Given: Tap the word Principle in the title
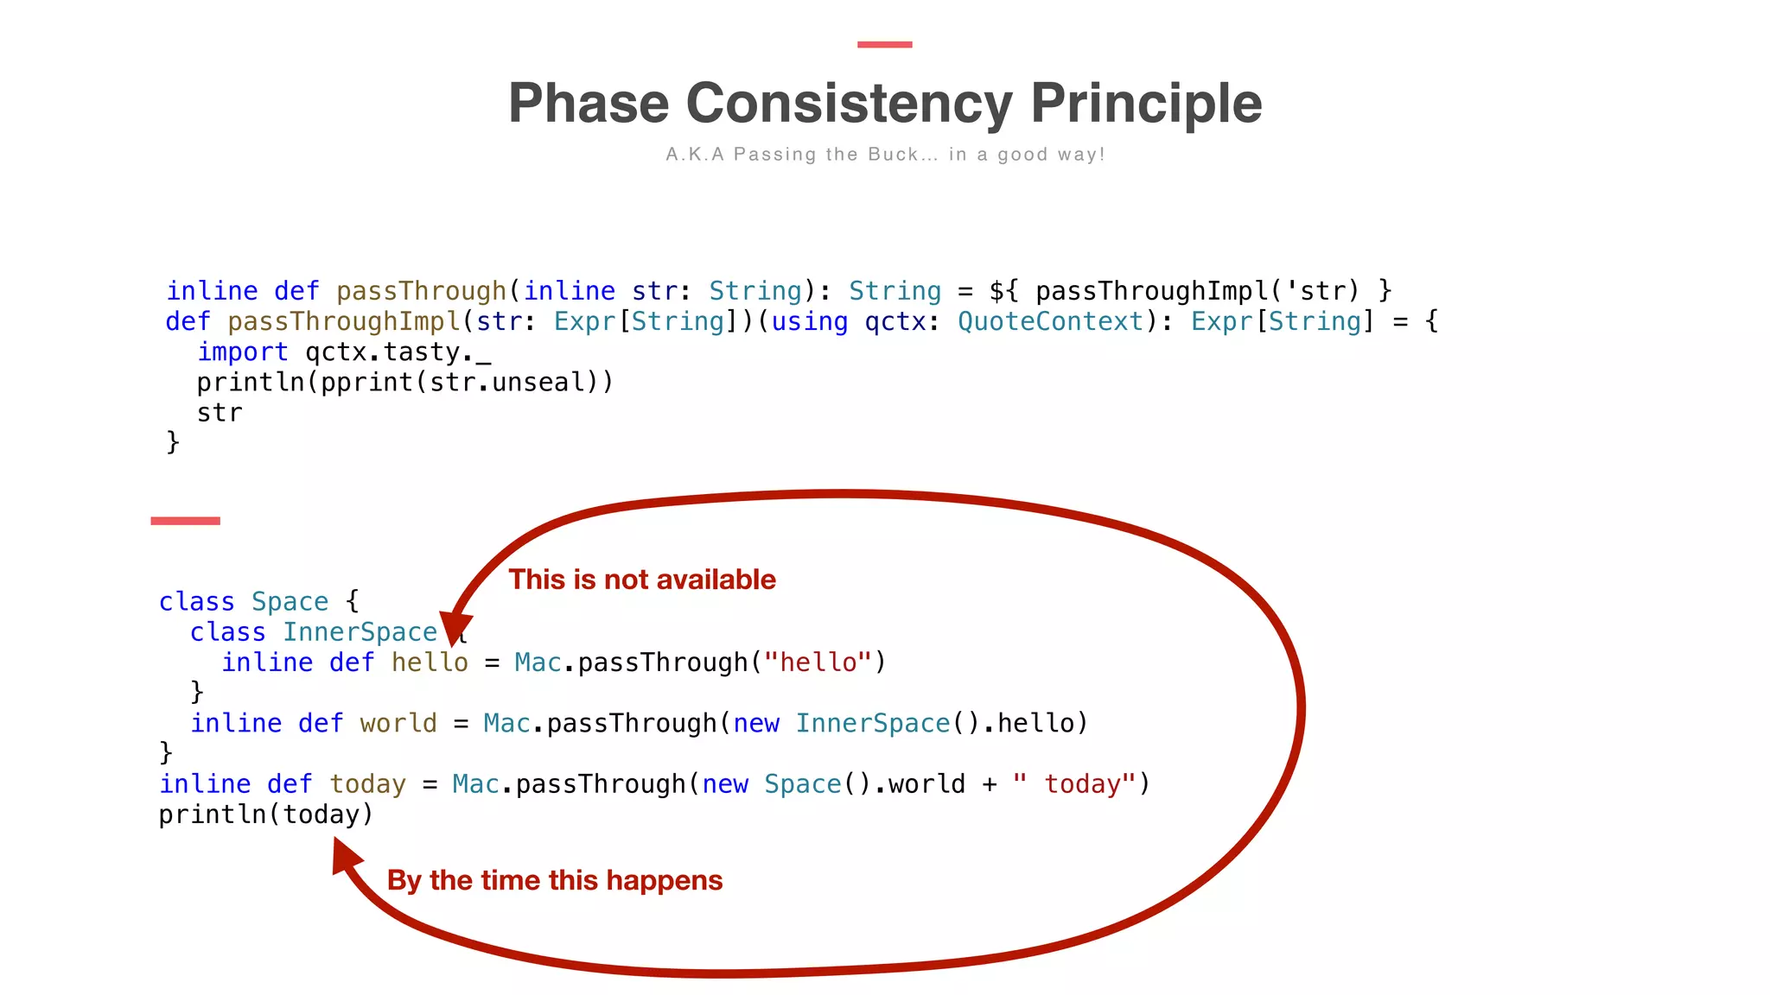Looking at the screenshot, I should (x=1146, y=104).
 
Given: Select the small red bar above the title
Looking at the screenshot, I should (x=884, y=44).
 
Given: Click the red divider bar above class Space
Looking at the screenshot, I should (x=185, y=521).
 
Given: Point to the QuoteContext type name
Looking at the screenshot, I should (x=1050, y=321).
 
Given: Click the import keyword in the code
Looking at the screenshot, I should (x=242, y=352).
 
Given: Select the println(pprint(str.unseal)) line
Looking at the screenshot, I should (x=404, y=383).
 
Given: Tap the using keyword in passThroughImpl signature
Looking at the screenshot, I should (x=809, y=321).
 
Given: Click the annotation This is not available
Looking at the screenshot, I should (x=641, y=580).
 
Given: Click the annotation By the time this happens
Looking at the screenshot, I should (x=554, y=880).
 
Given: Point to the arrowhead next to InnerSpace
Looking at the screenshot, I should (x=455, y=628).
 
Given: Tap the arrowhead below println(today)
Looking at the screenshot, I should (x=345, y=856).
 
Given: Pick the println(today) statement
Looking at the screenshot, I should (x=265, y=814).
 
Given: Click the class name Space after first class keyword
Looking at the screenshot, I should (x=290, y=601).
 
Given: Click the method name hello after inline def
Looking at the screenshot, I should (x=429, y=662).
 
